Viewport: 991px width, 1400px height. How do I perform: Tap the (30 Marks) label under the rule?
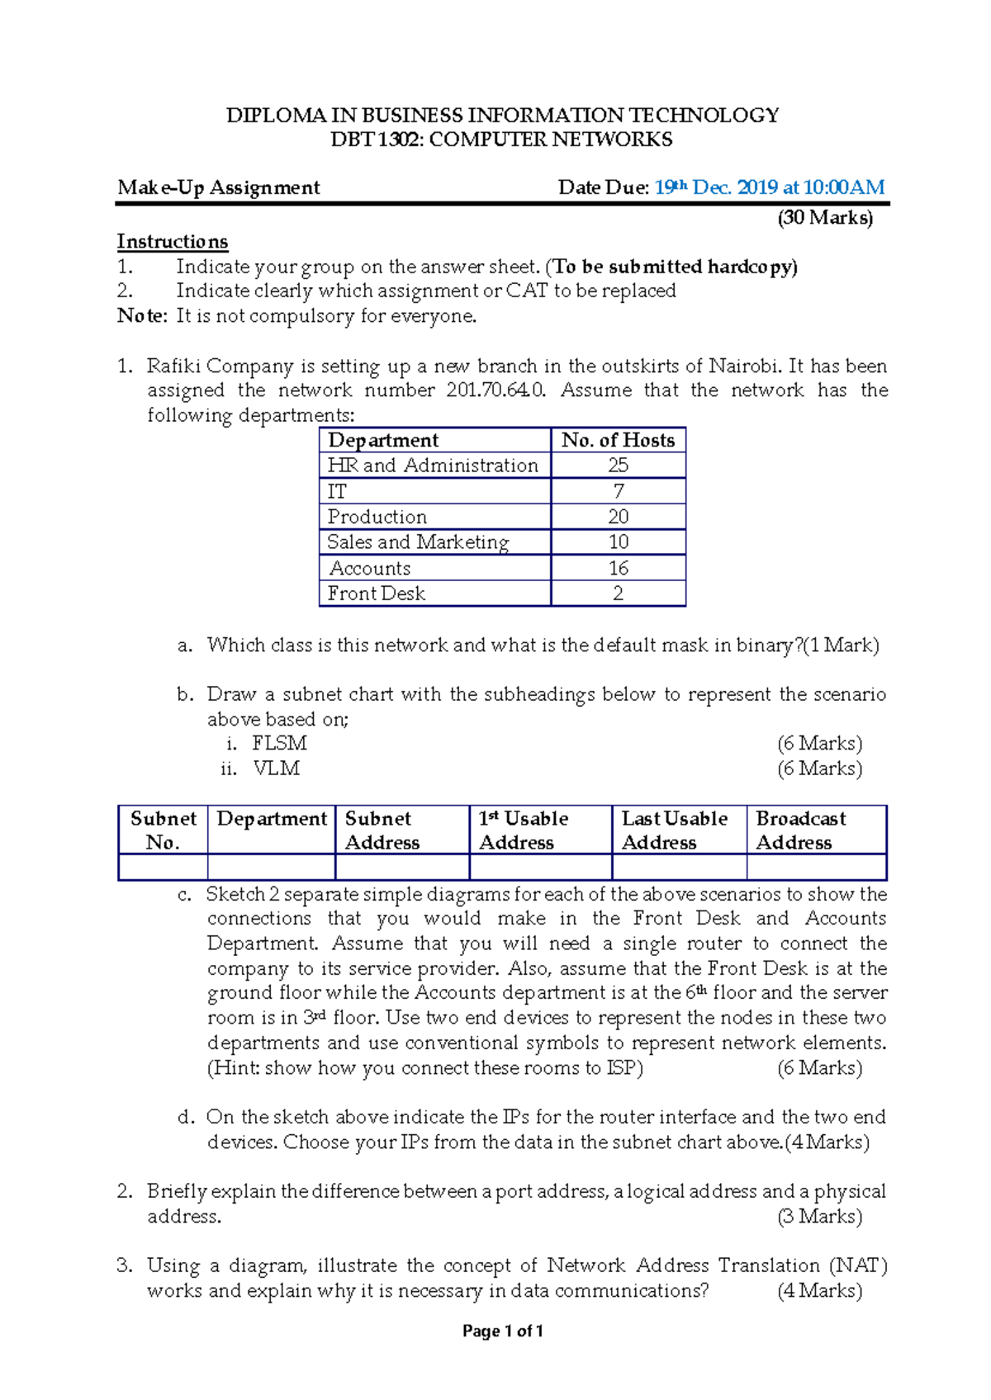(x=824, y=218)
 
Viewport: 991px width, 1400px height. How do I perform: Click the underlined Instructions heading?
(x=172, y=242)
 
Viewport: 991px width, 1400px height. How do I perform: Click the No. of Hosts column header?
(x=618, y=440)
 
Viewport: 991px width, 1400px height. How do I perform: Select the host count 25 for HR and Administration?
(x=618, y=466)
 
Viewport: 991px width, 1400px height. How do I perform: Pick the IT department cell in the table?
(x=337, y=492)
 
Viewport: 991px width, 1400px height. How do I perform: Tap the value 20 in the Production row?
(x=618, y=517)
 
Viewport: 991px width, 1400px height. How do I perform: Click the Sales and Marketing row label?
(x=418, y=542)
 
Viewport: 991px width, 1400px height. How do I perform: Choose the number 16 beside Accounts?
(x=618, y=568)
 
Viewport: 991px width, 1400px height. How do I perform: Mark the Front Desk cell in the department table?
(x=377, y=594)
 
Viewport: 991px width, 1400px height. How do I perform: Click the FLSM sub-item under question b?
(x=279, y=743)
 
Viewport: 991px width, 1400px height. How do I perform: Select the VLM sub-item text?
(x=276, y=769)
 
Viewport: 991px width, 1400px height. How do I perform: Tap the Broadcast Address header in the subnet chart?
(x=799, y=830)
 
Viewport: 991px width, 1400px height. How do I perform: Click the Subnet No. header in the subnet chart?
(x=163, y=830)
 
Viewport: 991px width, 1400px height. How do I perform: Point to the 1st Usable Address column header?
(x=523, y=830)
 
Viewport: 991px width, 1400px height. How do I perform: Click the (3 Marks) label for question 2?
(x=819, y=1217)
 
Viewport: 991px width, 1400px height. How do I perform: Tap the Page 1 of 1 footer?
(x=502, y=1331)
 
